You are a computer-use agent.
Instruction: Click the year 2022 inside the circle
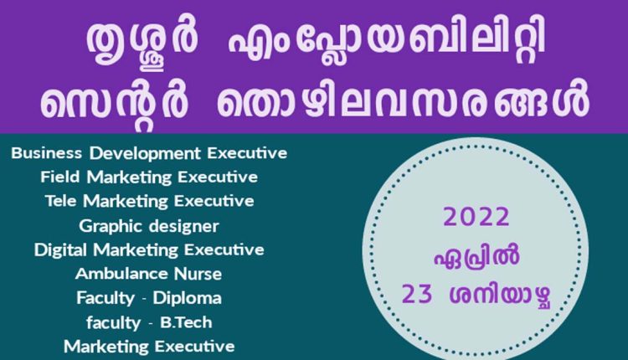click(x=476, y=218)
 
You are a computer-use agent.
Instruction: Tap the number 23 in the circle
click(x=419, y=295)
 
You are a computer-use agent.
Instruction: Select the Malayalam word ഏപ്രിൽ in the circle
click(x=476, y=257)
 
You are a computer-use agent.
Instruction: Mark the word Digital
click(x=60, y=249)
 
